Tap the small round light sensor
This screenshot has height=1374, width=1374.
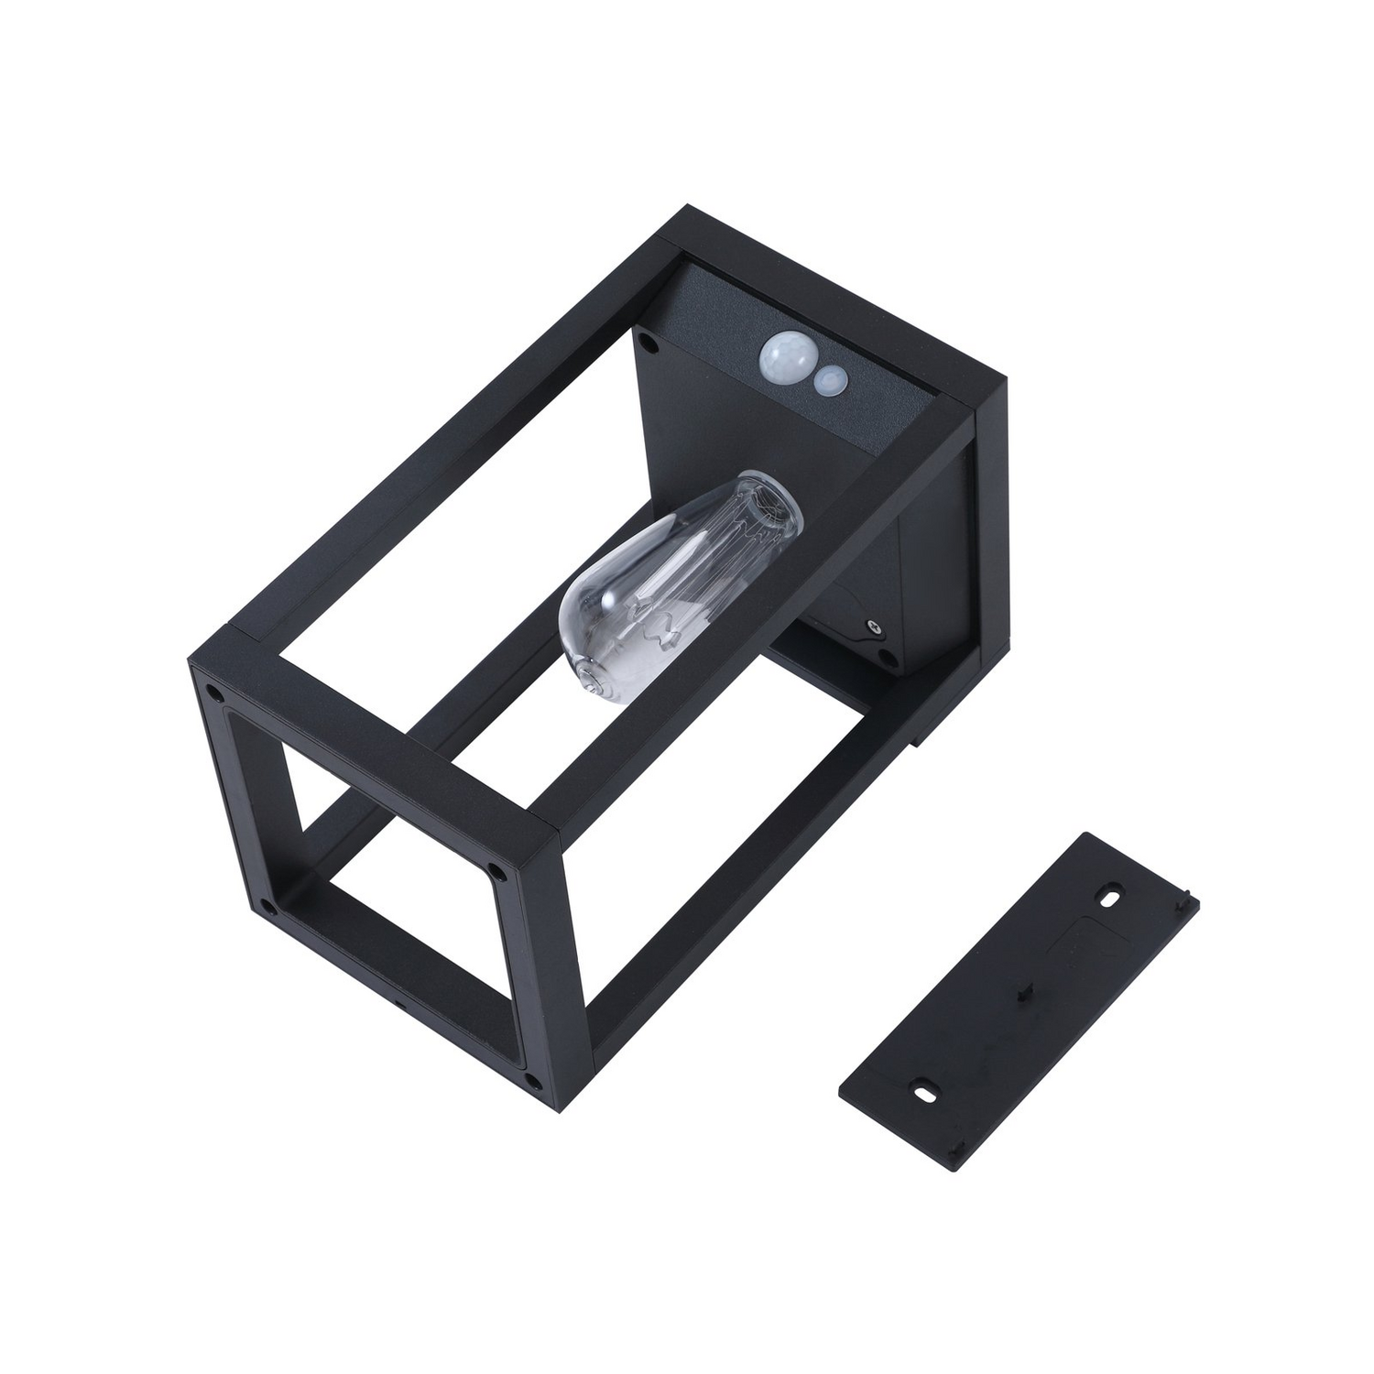(x=832, y=379)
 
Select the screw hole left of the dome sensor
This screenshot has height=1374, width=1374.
(x=649, y=343)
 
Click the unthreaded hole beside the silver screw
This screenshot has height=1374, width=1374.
(x=885, y=657)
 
